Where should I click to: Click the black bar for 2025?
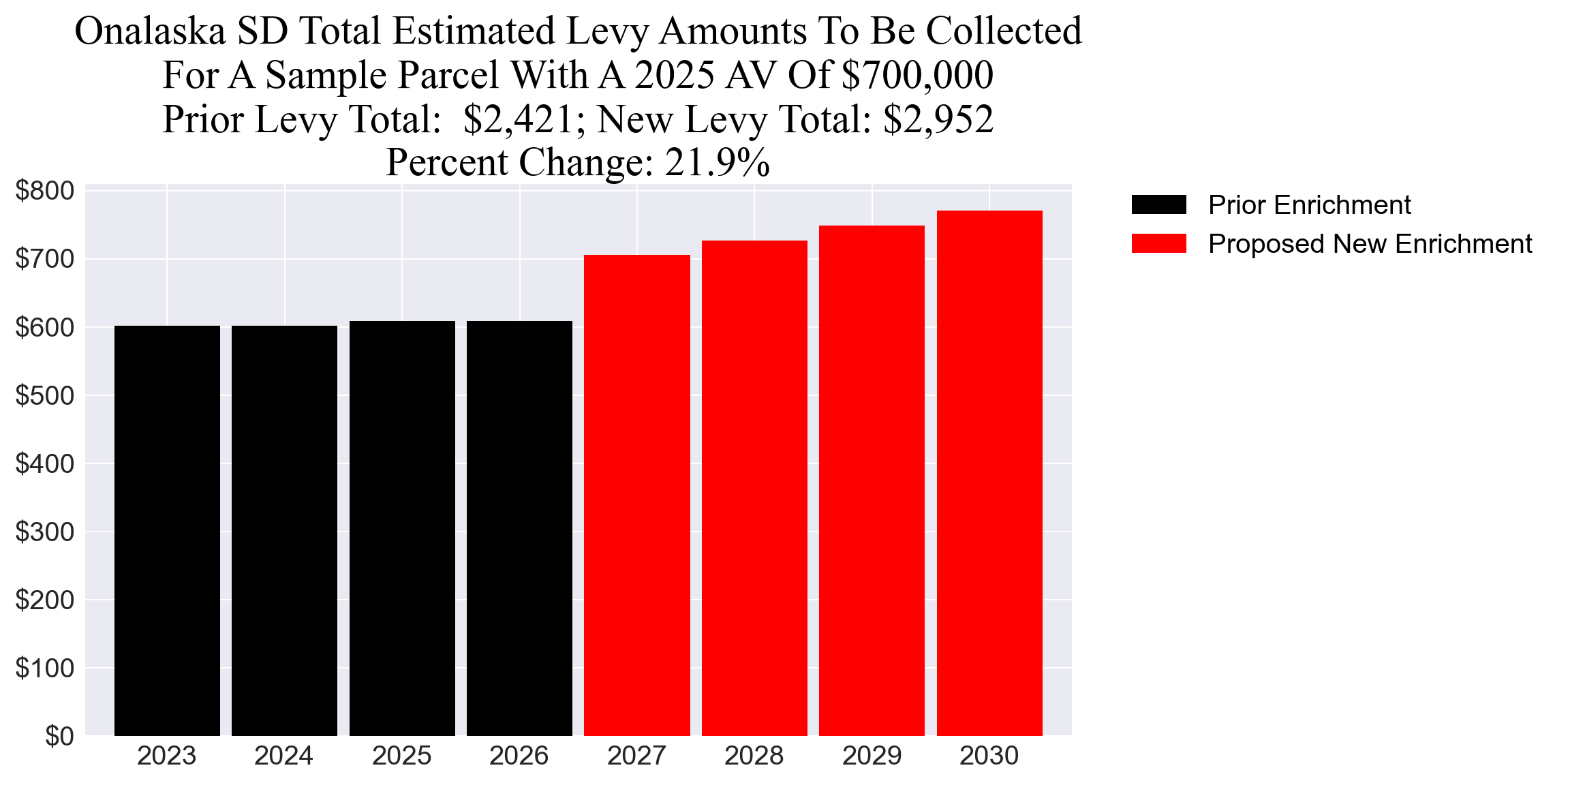402,528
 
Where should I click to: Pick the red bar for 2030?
989,473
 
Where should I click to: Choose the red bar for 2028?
754,488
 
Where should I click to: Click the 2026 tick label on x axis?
519,756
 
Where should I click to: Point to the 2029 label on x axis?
872,756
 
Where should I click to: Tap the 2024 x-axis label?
284,756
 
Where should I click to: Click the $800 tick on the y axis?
45,191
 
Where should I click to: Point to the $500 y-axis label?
45,395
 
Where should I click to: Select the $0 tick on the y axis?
59,736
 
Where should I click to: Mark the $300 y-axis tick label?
45,532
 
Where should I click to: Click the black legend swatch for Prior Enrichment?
1158,204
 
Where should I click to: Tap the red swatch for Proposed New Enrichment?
1158,243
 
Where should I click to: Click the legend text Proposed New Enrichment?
1370,243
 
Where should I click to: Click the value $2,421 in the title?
518,119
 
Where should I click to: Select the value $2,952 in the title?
938,119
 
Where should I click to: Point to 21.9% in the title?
718,163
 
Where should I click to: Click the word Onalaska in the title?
150,31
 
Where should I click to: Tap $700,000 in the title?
918,75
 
